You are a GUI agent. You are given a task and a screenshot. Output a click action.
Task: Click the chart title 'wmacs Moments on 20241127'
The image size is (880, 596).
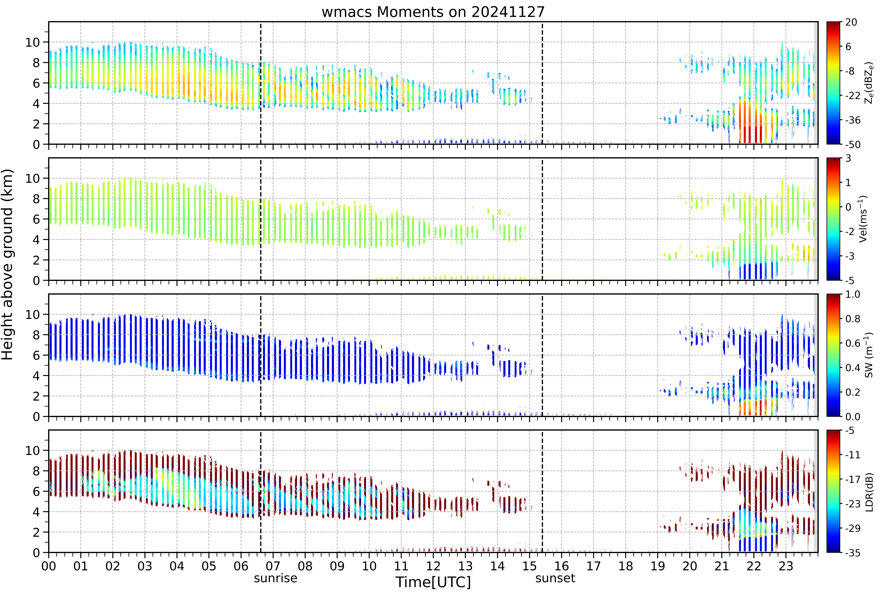[433, 12]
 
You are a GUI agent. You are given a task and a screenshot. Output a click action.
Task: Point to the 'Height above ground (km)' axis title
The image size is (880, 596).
[8, 264]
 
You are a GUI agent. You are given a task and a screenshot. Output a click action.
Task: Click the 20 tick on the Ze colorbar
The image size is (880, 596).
[851, 22]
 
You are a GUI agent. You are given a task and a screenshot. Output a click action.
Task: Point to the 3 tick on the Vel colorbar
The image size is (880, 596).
[848, 158]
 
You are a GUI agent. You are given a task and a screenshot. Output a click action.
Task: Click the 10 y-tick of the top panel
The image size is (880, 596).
[33, 42]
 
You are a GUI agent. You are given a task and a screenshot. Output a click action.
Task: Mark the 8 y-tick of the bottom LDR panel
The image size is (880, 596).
[36, 471]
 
